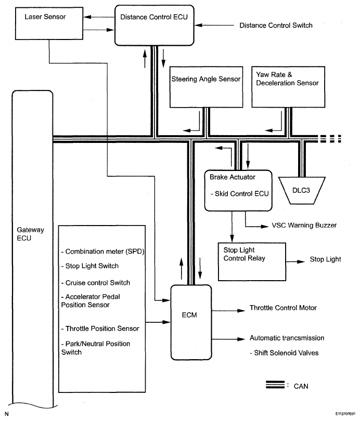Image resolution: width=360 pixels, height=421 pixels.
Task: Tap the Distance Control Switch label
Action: (276, 25)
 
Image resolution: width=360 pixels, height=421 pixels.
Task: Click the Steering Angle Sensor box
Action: (206, 86)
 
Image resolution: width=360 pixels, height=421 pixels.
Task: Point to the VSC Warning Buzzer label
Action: (304, 226)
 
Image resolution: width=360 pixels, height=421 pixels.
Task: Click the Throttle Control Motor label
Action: (283, 308)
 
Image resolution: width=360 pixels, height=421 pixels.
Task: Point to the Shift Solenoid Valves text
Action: (285, 353)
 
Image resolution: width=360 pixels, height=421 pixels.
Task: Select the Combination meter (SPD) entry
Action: (102, 252)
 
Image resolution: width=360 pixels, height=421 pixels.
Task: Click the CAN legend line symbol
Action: (274, 386)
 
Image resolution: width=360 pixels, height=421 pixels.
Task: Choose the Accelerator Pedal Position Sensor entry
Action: (99, 301)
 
